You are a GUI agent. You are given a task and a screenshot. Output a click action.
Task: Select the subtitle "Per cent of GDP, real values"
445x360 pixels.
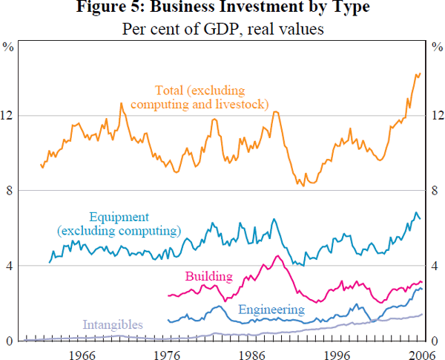222,31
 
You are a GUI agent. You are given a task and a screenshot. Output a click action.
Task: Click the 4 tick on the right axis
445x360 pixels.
436,266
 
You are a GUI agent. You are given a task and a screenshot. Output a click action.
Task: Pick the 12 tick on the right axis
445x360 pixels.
436,116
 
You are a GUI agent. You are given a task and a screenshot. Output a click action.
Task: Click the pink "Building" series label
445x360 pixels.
208,276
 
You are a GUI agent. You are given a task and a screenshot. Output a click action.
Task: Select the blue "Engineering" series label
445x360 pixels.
271,310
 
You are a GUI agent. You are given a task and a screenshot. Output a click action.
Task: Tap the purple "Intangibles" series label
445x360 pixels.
113,324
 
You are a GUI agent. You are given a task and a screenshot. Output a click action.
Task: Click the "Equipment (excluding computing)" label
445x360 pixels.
119,223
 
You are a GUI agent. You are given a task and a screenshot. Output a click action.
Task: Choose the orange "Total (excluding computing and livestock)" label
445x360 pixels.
200,96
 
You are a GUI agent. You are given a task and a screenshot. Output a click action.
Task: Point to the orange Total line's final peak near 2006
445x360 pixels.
419,73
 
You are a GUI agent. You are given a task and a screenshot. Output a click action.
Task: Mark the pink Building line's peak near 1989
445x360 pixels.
277,256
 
